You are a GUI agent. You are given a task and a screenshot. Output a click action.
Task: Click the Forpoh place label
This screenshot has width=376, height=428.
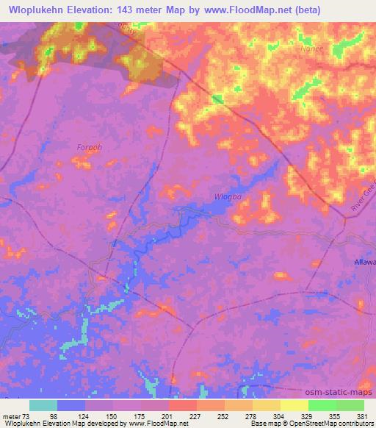88,147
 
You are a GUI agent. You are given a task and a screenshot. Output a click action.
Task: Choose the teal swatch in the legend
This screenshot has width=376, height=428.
43,405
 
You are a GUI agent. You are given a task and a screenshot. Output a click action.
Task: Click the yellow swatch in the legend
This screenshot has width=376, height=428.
294,405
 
